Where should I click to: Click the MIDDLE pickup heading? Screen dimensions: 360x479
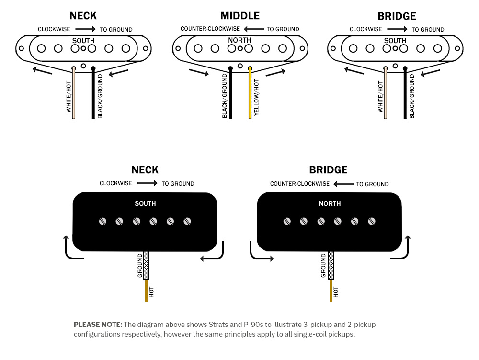coord(240,16)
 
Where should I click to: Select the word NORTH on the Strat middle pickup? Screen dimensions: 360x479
coord(239,40)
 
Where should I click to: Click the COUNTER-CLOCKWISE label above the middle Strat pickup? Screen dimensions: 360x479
coord(210,29)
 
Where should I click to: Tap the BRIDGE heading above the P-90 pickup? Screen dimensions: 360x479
coord(328,170)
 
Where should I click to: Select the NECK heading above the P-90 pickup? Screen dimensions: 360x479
coord(145,170)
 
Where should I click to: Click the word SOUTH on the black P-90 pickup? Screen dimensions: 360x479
coord(145,203)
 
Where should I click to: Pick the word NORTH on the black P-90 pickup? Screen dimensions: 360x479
coord(330,203)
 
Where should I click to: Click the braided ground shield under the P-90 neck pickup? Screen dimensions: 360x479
coord(146,265)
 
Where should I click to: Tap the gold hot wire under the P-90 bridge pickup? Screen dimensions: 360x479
coord(331,291)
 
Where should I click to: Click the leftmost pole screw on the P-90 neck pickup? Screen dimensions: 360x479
coord(103,221)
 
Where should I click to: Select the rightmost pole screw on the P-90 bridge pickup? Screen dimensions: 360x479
coord(372,221)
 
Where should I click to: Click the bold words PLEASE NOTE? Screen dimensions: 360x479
coord(98,325)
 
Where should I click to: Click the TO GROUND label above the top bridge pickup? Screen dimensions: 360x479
coord(428,29)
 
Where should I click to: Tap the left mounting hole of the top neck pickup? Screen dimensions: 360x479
coord(22,48)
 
